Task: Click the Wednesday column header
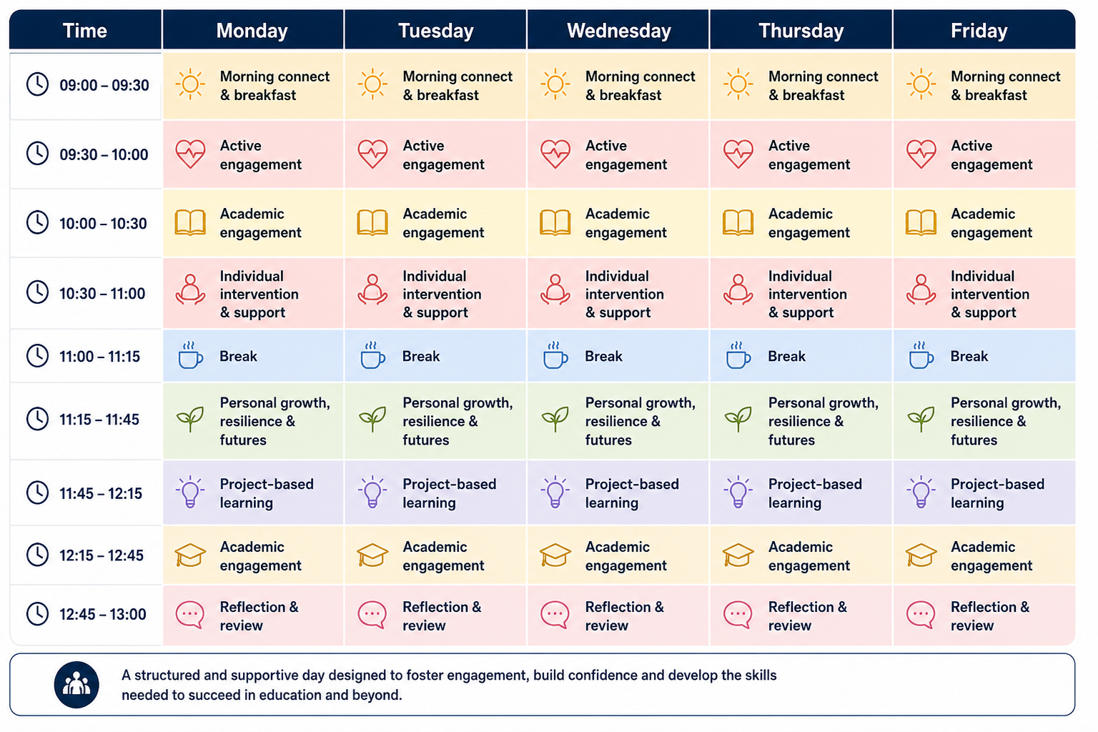[x=618, y=31]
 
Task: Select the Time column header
[x=85, y=31]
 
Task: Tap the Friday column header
[x=979, y=31]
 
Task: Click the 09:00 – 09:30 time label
[x=104, y=85]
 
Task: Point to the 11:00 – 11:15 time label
[x=99, y=357]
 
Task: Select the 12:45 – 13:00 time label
[x=103, y=614]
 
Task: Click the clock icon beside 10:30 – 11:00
[x=37, y=292]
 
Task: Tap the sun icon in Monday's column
[x=190, y=84]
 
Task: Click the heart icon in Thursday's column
[x=738, y=154]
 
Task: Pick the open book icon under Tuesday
[x=372, y=223]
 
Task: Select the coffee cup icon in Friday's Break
[x=921, y=355]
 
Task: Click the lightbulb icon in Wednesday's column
[x=555, y=493]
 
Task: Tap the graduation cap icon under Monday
[x=190, y=555]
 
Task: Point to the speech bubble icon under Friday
[x=921, y=615]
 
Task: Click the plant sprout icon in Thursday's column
[x=738, y=419]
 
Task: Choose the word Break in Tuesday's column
[x=421, y=357]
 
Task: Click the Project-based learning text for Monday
[x=267, y=493]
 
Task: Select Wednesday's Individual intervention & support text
[x=625, y=295]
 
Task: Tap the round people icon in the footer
[x=76, y=684]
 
